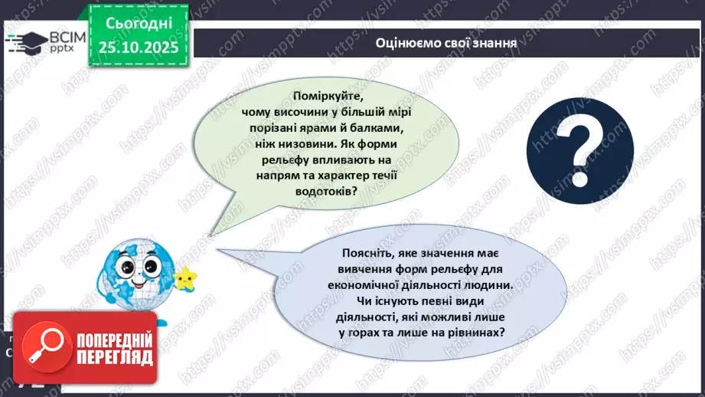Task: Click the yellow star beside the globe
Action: click(x=184, y=277)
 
